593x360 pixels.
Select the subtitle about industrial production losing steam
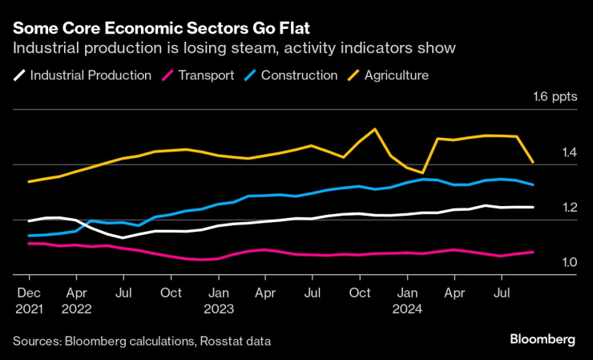click(234, 49)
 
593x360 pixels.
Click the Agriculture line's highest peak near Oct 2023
click(375, 129)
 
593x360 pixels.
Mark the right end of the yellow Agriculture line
click(533, 162)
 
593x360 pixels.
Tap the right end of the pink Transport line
click(533, 252)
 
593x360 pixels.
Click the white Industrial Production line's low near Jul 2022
click(123, 237)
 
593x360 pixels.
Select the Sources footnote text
click(142, 342)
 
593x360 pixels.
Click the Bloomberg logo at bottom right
click(543, 340)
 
